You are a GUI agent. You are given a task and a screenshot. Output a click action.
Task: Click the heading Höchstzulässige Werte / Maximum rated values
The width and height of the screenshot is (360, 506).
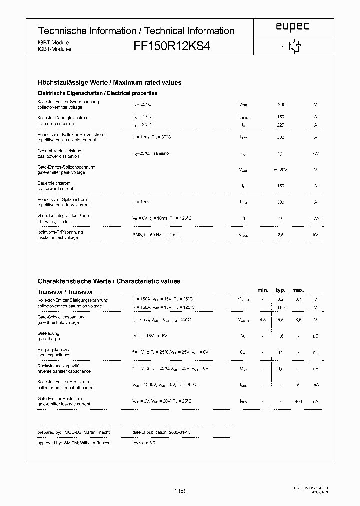point(109,82)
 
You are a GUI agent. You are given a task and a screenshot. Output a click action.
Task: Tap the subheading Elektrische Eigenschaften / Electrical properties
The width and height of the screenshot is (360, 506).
point(97,93)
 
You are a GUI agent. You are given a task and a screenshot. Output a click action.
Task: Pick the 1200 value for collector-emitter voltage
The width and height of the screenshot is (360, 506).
point(281,105)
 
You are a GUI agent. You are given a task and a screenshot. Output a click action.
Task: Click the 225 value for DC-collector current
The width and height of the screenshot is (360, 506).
point(281,125)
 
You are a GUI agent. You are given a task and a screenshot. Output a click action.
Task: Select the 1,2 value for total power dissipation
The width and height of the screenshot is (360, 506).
point(281,153)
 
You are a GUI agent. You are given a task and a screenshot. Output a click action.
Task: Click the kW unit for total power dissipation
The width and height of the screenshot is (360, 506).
point(315,153)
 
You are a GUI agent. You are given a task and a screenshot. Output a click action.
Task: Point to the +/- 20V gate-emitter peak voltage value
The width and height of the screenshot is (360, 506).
point(281,170)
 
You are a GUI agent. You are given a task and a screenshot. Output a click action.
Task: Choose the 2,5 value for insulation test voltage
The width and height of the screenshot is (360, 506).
point(281,235)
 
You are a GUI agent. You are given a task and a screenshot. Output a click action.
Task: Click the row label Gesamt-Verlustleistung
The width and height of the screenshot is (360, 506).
point(59,150)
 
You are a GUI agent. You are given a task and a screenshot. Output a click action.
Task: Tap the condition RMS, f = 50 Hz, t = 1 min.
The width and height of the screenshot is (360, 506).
point(156,235)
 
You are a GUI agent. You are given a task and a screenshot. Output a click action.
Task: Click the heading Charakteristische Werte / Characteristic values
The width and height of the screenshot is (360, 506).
point(109,281)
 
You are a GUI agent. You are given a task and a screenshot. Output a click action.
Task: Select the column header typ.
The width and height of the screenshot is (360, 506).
point(280,290)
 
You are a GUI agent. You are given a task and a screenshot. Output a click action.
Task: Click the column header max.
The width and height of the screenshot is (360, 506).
point(298,290)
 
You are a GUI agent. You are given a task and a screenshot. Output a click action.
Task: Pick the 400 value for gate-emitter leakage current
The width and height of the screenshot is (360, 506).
point(298,401)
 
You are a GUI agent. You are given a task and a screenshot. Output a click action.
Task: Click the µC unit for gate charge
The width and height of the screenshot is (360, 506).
point(315,336)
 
